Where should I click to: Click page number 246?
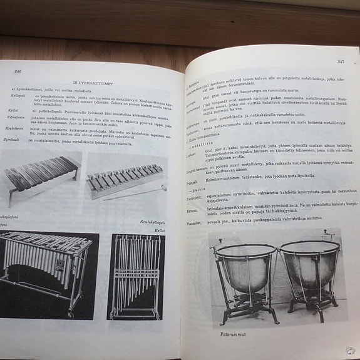(x=18, y=71)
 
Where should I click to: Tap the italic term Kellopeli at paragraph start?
(x=14, y=95)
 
